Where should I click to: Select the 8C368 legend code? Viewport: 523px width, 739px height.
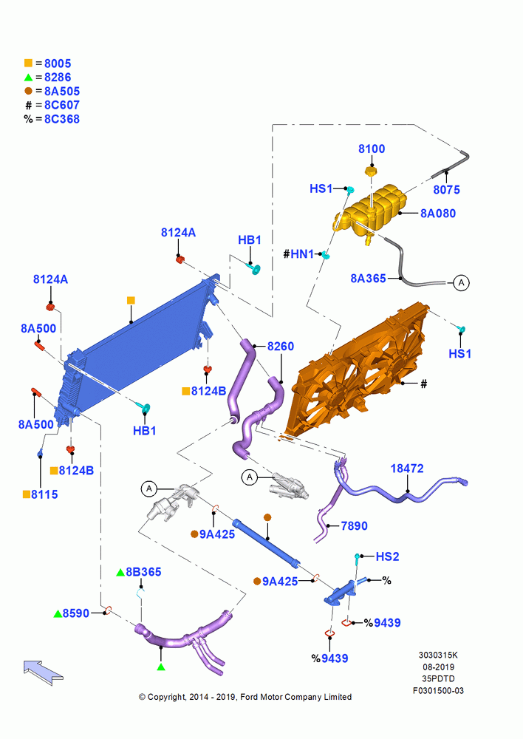click(x=62, y=119)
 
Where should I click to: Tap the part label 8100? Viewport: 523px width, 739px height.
click(x=372, y=149)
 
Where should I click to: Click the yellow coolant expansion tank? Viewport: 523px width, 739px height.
click(x=369, y=210)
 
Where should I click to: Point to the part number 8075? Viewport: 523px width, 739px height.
click(x=446, y=189)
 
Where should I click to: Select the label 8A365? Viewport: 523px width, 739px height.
click(x=368, y=278)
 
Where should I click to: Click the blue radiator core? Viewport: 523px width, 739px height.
click(x=137, y=347)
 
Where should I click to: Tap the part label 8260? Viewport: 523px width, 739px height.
click(x=281, y=347)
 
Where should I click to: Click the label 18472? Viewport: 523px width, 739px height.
click(x=407, y=469)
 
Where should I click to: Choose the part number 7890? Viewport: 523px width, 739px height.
click(x=354, y=525)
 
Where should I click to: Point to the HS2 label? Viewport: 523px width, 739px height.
click(x=387, y=556)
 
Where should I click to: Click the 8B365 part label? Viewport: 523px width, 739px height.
click(x=143, y=572)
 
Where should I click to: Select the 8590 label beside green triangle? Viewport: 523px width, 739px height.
click(x=76, y=613)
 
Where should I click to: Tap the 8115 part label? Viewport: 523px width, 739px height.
click(x=44, y=494)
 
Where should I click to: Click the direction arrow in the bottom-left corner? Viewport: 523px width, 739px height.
click(x=43, y=672)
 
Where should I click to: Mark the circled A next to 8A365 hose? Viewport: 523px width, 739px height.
click(x=461, y=283)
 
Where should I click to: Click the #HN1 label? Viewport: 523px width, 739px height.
click(x=298, y=254)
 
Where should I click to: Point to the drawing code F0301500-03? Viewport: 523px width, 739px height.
click(x=438, y=690)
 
